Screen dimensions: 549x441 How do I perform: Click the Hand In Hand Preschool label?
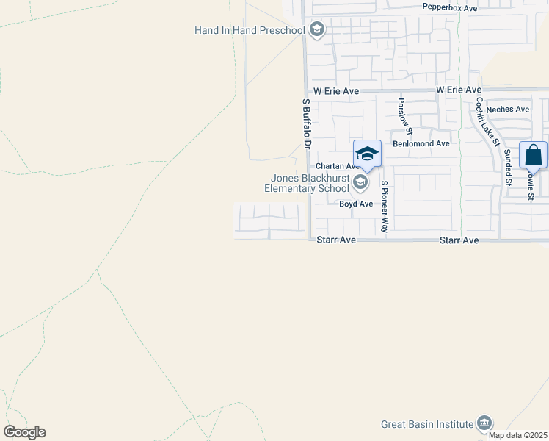tap(250, 30)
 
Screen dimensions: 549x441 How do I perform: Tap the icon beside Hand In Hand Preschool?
tap(317, 29)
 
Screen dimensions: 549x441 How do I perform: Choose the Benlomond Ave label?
tap(421, 144)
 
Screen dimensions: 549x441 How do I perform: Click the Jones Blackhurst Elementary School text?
tap(308, 183)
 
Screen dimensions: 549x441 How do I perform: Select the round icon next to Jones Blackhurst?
tap(360, 182)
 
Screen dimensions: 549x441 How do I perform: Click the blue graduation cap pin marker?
tap(367, 154)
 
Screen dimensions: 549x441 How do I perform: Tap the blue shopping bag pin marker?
tap(533, 156)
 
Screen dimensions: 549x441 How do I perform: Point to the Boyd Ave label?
tap(356, 204)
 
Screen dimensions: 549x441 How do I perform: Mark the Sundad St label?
tap(507, 167)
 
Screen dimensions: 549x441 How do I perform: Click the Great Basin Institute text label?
tap(427, 424)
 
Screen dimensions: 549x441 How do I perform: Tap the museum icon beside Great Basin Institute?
tap(484, 423)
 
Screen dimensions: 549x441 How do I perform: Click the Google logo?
tap(24, 432)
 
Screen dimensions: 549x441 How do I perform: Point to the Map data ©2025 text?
tap(518, 435)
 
